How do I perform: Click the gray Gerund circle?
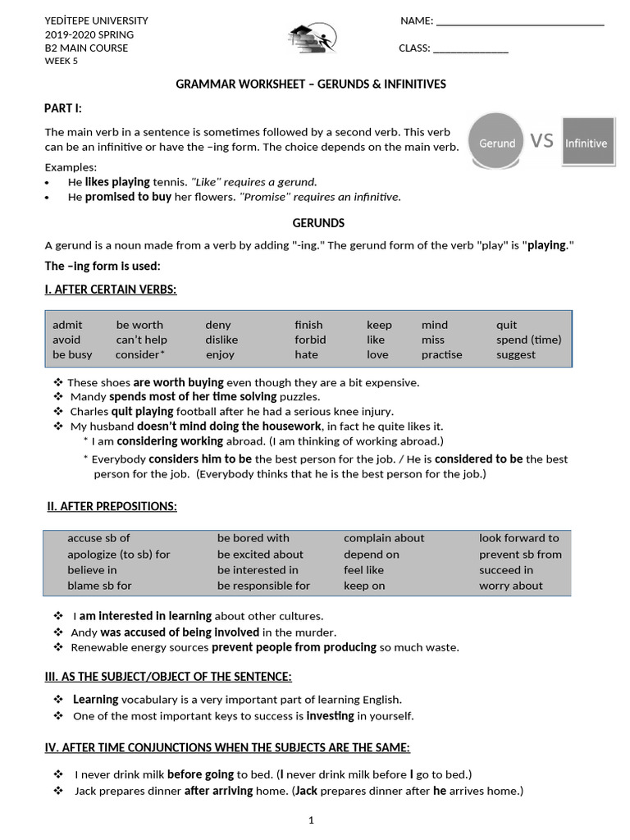tap(498, 142)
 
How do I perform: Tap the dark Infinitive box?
tap(586, 142)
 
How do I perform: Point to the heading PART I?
tap(63, 109)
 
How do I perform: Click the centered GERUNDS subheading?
tap(318, 223)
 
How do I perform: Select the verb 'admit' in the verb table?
tap(67, 325)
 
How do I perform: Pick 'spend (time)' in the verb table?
tap(528, 340)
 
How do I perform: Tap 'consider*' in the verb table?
tap(141, 354)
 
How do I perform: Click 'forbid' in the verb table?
tap(310, 340)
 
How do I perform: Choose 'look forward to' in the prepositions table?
tap(518, 538)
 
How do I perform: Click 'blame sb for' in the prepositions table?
tap(99, 586)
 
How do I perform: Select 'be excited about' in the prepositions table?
tap(260, 555)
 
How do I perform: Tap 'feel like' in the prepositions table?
tap(363, 570)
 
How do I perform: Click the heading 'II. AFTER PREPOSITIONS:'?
tap(112, 507)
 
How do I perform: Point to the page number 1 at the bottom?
tap(311, 819)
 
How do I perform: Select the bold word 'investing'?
tap(330, 716)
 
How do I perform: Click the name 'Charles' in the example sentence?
tap(89, 412)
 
